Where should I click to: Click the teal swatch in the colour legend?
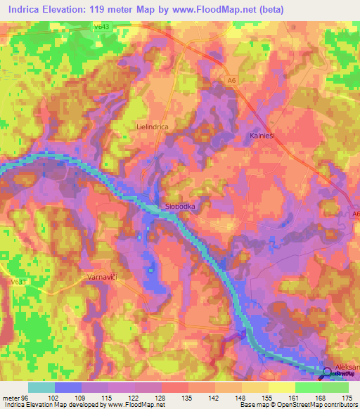(x=41, y=387)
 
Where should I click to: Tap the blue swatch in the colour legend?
(x=68, y=387)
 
